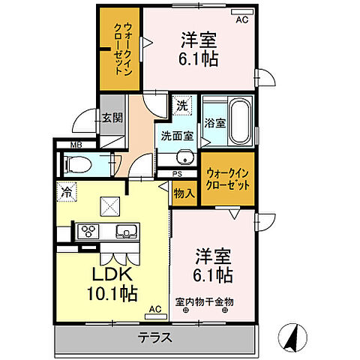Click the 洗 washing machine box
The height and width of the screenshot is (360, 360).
(181, 106)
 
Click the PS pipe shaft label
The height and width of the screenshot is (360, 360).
(177, 175)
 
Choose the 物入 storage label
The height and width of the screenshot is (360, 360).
(185, 193)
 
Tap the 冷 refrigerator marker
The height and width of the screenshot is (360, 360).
(67, 192)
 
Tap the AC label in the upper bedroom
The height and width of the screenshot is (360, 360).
(241, 20)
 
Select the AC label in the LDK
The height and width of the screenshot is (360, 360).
(154, 309)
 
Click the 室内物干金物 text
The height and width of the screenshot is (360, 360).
(205, 301)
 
